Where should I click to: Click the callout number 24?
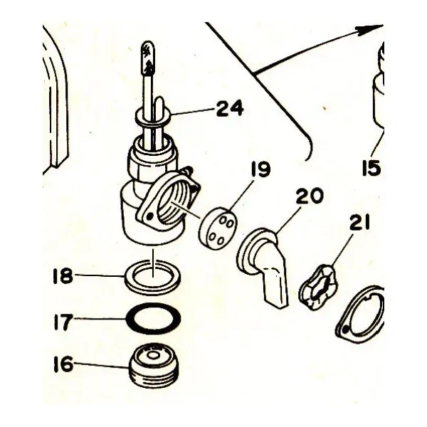click(x=229, y=108)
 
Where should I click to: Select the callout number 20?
click(x=310, y=196)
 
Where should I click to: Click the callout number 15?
click(x=371, y=167)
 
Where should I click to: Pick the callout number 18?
click(x=63, y=275)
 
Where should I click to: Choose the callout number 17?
click(x=63, y=322)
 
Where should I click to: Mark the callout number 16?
click(x=63, y=364)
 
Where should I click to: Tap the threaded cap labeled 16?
click(x=154, y=365)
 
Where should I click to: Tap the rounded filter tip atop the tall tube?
click(x=148, y=57)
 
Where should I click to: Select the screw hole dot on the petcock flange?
click(x=149, y=217)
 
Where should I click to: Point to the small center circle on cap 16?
click(x=153, y=355)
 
